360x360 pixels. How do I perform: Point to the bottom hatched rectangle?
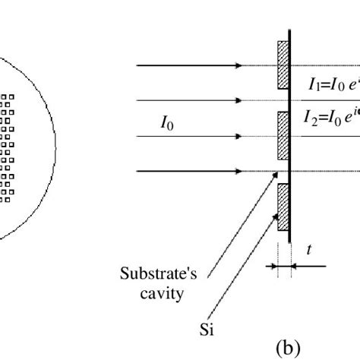coord(283,207)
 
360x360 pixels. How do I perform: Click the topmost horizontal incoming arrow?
coord(190,65)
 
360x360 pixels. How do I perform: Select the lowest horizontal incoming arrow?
coord(190,172)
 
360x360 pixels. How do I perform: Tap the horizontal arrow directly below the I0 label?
coord(190,137)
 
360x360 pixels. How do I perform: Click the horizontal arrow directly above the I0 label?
coord(190,100)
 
